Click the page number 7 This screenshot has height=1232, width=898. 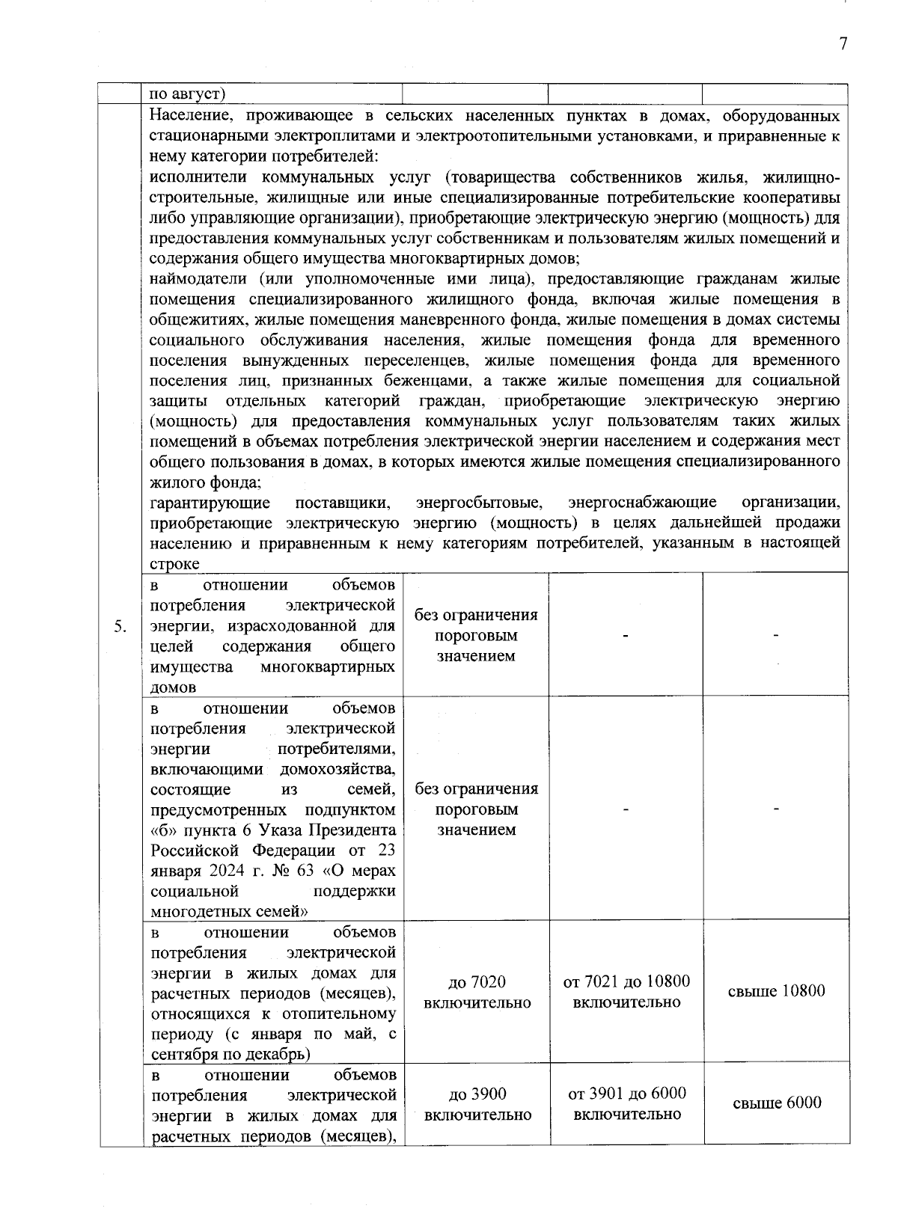(843, 44)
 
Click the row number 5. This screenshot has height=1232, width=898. (120, 626)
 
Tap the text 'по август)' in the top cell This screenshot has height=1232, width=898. (188, 94)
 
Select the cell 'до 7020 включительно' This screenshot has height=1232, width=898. (477, 992)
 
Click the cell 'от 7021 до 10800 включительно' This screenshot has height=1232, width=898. (626, 991)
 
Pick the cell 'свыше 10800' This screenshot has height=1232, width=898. (776, 991)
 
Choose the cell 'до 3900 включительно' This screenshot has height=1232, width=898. (477, 1104)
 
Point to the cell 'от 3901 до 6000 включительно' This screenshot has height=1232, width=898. (626, 1103)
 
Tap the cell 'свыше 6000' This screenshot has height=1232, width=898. (776, 1103)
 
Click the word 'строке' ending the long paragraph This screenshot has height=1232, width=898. (174, 563)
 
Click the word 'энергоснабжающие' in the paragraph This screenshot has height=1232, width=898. (642, 502)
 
